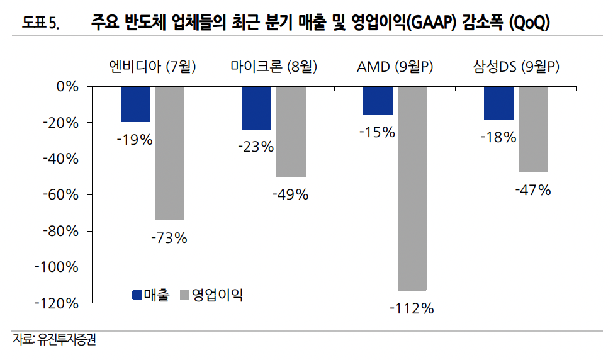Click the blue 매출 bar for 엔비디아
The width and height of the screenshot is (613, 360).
(x=135, y=104)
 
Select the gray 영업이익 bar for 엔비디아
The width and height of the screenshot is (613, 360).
(x=169, y=153)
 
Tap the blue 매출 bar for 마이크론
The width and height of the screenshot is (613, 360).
(x=256, y=108)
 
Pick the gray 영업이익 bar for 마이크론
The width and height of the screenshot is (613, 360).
(x=290, y=132)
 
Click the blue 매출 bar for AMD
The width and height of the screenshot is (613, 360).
(x=378, y=101)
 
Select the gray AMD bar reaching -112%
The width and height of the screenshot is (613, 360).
(x=412, y=188)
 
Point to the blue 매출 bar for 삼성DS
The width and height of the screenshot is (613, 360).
(x=498, y=103)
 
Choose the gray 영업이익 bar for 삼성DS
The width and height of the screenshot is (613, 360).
(x=532, y=129)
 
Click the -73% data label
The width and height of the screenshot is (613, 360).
(x=169, y=238)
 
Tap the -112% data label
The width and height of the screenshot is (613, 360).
(x=412, y=308)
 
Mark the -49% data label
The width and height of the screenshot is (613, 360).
(x=290, y=195)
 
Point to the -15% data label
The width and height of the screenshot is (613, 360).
(x=377, y=133)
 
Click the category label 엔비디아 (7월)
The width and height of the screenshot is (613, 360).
(x=152, y=67)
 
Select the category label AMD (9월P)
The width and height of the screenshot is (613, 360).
(x=395, y=67)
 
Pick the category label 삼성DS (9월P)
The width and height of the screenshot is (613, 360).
(x=516, y=67)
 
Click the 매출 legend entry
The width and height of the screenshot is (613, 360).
(x=151, y=295)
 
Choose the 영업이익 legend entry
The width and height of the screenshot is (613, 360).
(x=211, y=295)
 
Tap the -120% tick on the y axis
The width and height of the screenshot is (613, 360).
(x=59, y=303)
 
